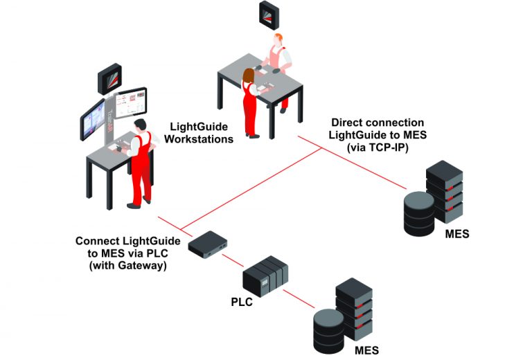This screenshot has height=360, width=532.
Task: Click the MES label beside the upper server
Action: click(456, 234)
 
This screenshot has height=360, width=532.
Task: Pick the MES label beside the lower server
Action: click(366, 350)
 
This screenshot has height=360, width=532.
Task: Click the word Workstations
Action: click(200, 138)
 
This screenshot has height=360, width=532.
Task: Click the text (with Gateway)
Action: click(128, 265)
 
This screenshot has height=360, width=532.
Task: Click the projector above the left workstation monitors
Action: click(109, 78)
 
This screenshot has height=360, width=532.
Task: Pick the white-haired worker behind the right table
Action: click(279, 66)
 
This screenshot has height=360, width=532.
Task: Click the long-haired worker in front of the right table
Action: click(250, 100)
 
